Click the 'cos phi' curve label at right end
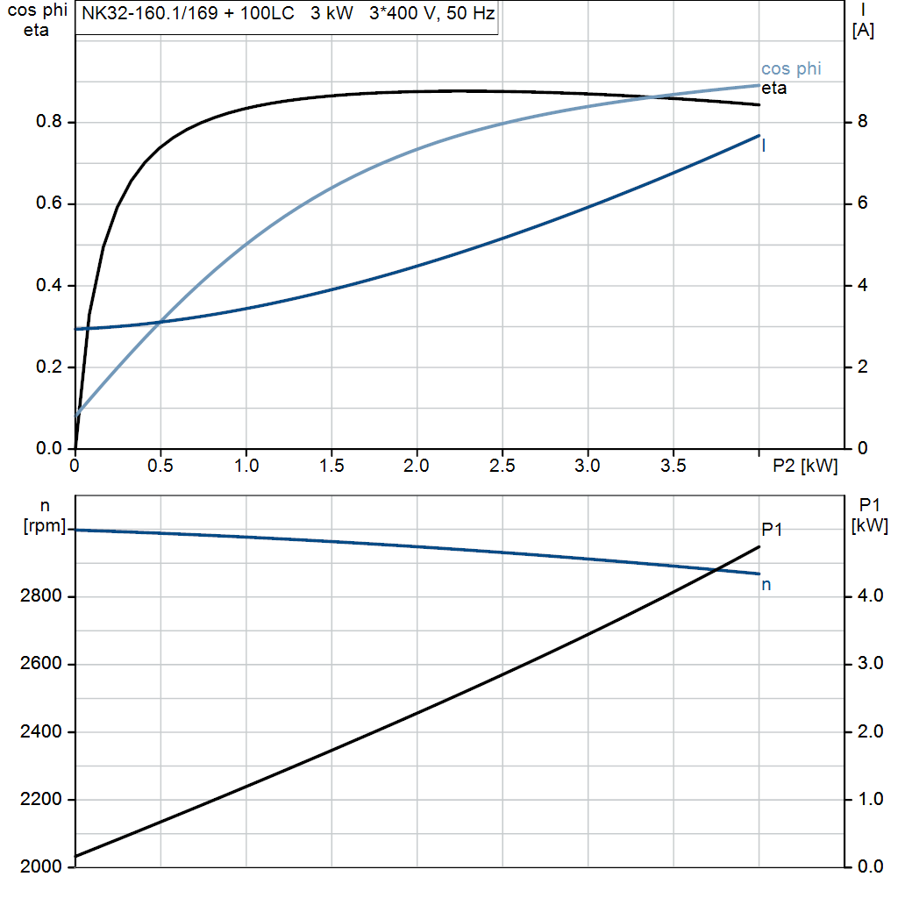(791, 69)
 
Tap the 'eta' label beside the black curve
(773, 89)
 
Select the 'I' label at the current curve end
(764, 146)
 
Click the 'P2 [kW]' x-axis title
(805, 467)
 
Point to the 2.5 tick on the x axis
(502, 466)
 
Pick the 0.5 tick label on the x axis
(160, 466)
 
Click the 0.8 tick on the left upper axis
(49, 123)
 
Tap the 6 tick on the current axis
(862, 203)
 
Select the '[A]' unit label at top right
(863, 32)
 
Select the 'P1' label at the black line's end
(772, 529)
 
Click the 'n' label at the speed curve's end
(766, 584)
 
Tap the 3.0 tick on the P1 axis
(867, 664)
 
